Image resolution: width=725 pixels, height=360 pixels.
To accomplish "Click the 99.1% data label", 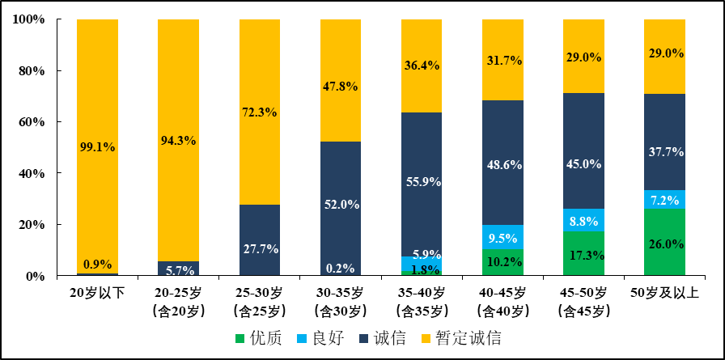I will coord(97,147).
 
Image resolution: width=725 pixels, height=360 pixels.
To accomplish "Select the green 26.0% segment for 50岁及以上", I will coord(664,242).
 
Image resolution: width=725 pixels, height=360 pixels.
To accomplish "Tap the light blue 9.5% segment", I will coord(502,237).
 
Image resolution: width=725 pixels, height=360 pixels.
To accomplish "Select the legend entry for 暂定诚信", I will coord(456,338).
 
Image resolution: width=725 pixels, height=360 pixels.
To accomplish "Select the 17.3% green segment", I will coord(583,253).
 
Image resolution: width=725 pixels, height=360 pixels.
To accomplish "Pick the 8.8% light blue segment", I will coord(583,220).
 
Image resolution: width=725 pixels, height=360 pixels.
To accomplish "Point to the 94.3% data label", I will coord(178,140).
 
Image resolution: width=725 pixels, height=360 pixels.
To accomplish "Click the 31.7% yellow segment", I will coord(502,60).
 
